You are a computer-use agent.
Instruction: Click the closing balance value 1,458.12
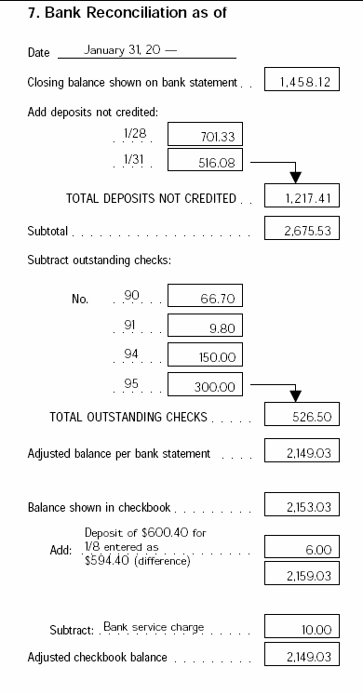click(x=301, y=82)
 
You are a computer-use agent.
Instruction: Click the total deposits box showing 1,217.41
click(x=301, y=197)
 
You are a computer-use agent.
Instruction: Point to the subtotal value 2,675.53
click(x=301, y=230)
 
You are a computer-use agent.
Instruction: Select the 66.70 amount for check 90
click(x=205, y=298)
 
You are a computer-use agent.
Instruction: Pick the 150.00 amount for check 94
click(x=205, y=354)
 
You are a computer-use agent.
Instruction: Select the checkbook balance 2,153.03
click(x=301, y=507)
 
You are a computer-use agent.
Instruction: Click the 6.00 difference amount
click(x=301, y=550)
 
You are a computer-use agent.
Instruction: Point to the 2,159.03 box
click(x=301, y=576)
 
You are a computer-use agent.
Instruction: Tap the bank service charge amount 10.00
click(x=301, y=629)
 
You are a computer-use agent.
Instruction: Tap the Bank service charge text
click(x=153, y=626)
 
